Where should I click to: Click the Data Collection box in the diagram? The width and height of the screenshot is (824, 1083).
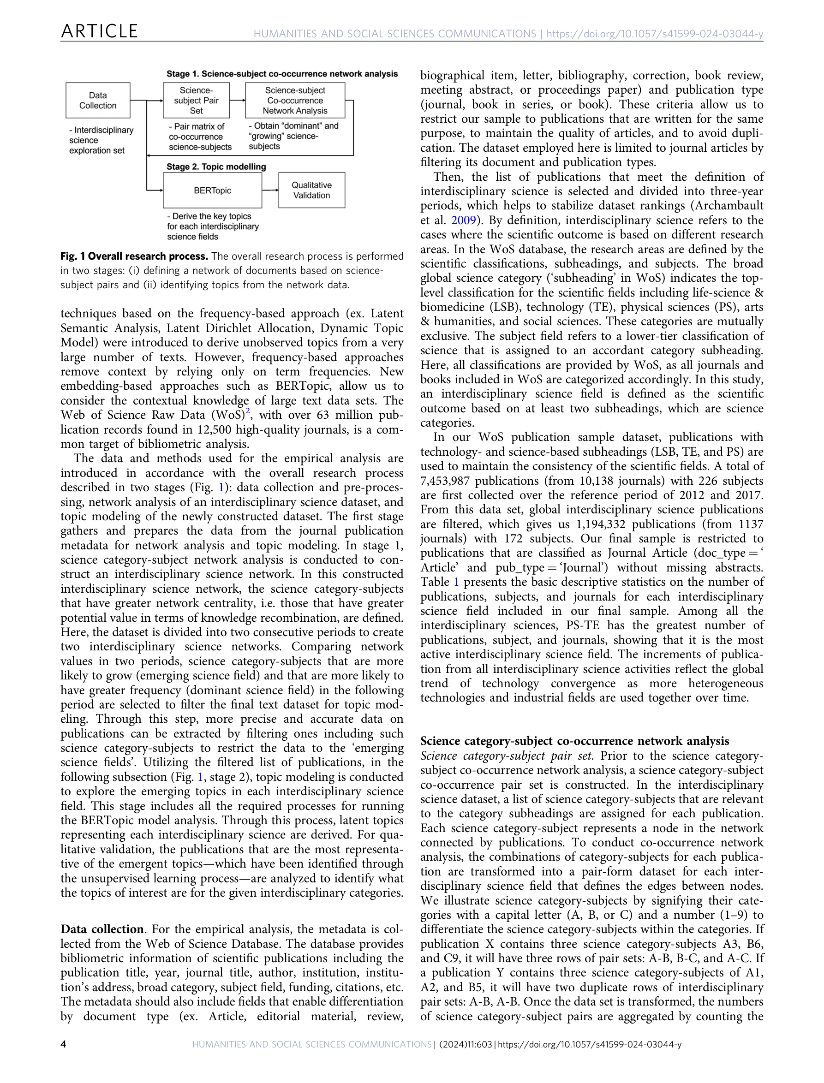click(98, 101)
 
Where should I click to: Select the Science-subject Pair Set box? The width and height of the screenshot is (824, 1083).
click(196, 101)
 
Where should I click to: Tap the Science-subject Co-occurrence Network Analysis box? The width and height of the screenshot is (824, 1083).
click(295, 101)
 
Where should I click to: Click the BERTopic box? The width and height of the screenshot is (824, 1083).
click(212, 190)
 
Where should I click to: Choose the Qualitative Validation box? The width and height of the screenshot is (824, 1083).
click(311, 190)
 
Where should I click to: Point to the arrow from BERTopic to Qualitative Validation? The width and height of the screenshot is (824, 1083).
click(270, 190)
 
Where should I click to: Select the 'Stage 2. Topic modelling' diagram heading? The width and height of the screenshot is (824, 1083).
click(216, 167)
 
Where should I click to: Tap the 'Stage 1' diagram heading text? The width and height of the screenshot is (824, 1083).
click(281, 74)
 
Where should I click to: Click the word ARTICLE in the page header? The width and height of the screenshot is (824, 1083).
click(99, 31)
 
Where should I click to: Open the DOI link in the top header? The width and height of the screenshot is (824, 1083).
click(654, 34)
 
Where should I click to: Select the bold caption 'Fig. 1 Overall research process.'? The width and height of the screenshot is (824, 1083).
click(134, 256)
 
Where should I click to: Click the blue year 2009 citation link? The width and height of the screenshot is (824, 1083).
click(463, 220)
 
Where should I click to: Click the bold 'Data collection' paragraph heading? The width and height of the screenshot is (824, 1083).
click(102, 929)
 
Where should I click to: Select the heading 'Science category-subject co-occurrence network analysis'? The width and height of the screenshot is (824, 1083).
click(574, 741)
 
